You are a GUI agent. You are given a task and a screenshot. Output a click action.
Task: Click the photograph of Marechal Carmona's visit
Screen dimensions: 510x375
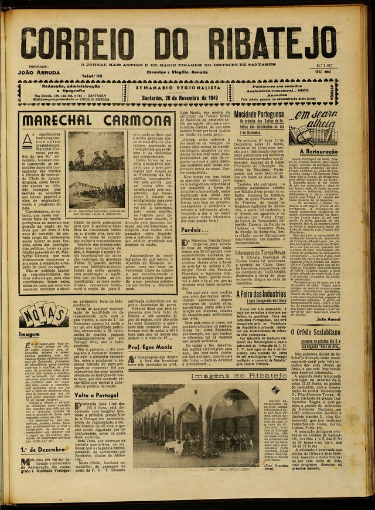point(96,170)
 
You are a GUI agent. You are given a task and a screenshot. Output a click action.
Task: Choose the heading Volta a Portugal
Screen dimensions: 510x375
point(97,395)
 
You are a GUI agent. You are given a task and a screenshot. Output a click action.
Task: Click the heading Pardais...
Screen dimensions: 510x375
point(192,229)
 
